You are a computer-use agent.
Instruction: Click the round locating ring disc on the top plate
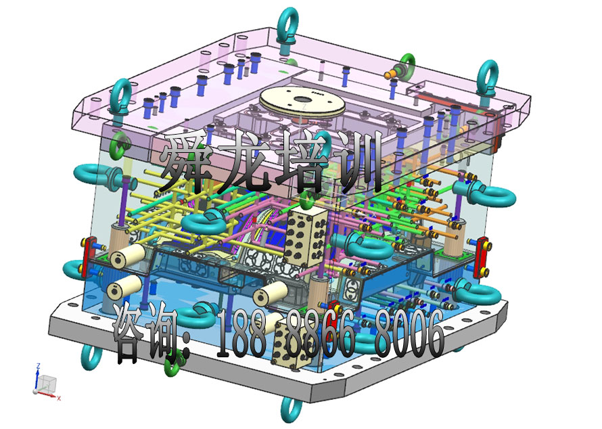coord(300,101)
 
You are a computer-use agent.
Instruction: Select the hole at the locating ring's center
coord(300,99)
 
